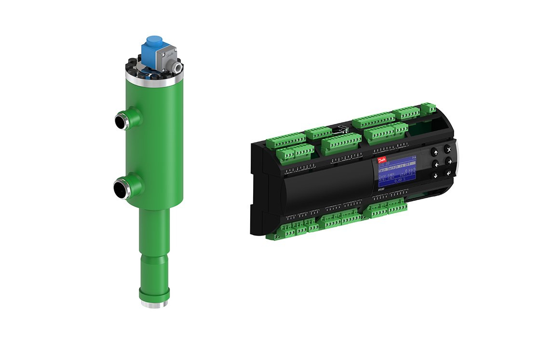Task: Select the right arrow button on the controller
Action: click(449, 161)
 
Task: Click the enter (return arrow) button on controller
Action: click(449, 173)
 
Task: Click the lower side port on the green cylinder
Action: click(122, 187)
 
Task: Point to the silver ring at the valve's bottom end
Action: click(152, 304)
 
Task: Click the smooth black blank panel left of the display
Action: click(333, 181)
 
